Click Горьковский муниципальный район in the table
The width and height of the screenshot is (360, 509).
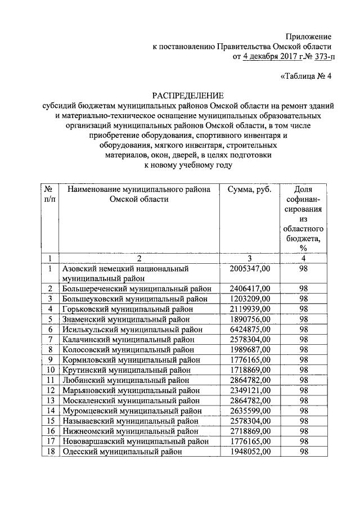click(128, 309)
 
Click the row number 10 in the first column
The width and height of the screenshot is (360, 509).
click(50, 370)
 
